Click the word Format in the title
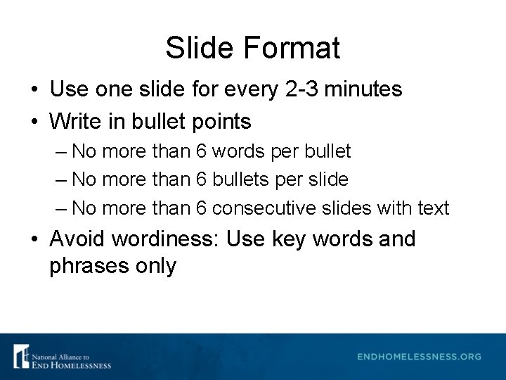coord(292,48)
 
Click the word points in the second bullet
coord(219,122)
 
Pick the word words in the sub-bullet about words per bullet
coord(239,151)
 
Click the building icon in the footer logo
coord(22,356)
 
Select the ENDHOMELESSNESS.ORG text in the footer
coord(419,357)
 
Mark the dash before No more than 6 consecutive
coord(61,208)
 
